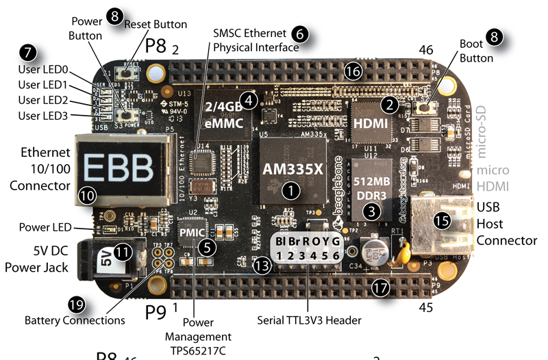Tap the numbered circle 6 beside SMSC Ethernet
coord(299,33)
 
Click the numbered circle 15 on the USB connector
coord(443,220)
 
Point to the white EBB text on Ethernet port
coord(110,166)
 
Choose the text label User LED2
coord(42,101)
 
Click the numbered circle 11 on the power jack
coord(122,251)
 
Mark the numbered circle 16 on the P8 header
coord(353,71)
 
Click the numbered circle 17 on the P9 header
coord(381,288)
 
